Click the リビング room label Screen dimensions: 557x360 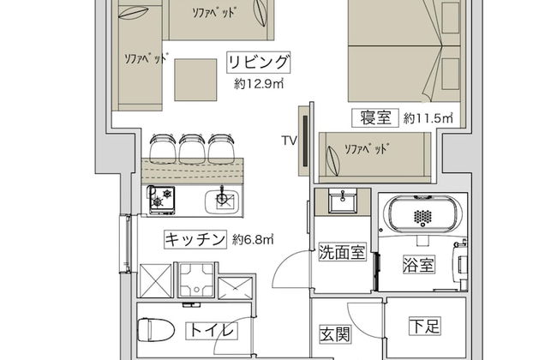click(259, 63)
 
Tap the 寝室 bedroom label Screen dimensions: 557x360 click(374, 117)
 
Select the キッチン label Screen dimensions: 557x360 click(195, 239)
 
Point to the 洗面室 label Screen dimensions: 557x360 click(342, 252)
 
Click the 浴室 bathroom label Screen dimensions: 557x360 click(419, 264)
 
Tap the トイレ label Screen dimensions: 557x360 click(212, 331)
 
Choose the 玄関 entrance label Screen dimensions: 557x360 click(335, 334)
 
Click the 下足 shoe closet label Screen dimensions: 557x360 click(425, 326)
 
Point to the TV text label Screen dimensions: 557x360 click(289, 141)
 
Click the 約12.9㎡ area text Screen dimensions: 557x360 click(259, 84)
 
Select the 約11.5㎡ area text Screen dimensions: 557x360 click(428, 118)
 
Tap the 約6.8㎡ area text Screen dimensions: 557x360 click(253, 239)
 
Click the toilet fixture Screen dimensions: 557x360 click(155, 330)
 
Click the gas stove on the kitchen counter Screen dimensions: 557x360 click(162, 200)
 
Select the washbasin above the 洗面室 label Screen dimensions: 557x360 click(343, 201)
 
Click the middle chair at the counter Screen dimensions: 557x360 click(192, 149)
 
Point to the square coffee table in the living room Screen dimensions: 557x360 click(195, 80)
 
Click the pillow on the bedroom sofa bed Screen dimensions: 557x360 click(332, 161)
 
